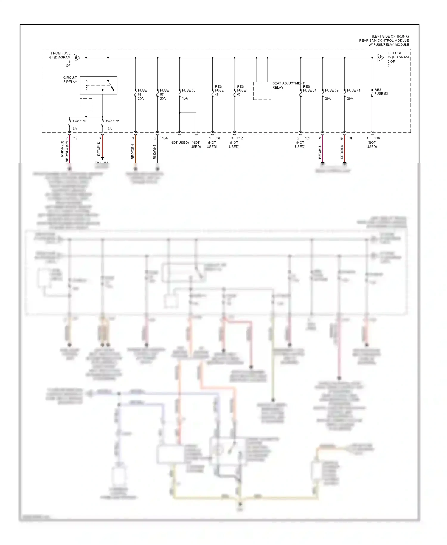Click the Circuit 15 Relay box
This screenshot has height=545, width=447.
(x=98, y=85)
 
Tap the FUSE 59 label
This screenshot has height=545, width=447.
(x=79, y=121)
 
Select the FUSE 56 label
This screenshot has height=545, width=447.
(x=112, y=121)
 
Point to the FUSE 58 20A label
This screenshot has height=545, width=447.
(x=142, y=94)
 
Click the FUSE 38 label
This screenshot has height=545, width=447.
(x=189, y=90)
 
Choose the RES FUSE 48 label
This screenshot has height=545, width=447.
(x=219, y=90)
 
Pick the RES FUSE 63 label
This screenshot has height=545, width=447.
(x=241, y=90)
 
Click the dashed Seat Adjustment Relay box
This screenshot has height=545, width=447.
(x=262, y=91)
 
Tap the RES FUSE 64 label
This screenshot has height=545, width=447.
(x=309, y=89)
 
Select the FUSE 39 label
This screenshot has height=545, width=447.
(x=332, y=90)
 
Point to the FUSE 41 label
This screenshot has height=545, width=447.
(x=354, y=90)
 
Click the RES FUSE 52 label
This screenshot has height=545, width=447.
(x=381, y=92)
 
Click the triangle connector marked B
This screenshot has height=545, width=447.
(x=77, y=58)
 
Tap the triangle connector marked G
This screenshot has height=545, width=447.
(x=380, y=58)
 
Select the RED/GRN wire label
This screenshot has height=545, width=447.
(x=133, y=152)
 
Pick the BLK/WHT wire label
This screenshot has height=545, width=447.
(x=155, y=152)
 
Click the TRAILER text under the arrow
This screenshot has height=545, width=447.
(x=102, y=163)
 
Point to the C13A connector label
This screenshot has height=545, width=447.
(x=164, y=138)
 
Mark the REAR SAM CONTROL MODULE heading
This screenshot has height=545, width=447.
(x=384, y=41)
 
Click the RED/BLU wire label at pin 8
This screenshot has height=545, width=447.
(x=320, y=152)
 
